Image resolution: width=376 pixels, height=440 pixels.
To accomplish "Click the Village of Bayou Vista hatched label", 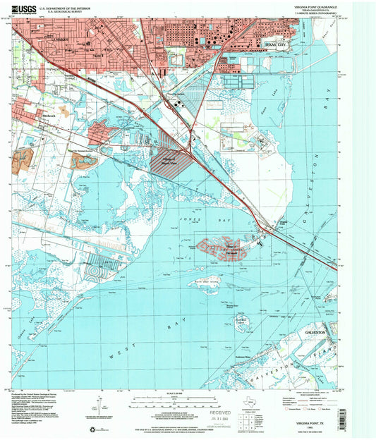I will (167, 159).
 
